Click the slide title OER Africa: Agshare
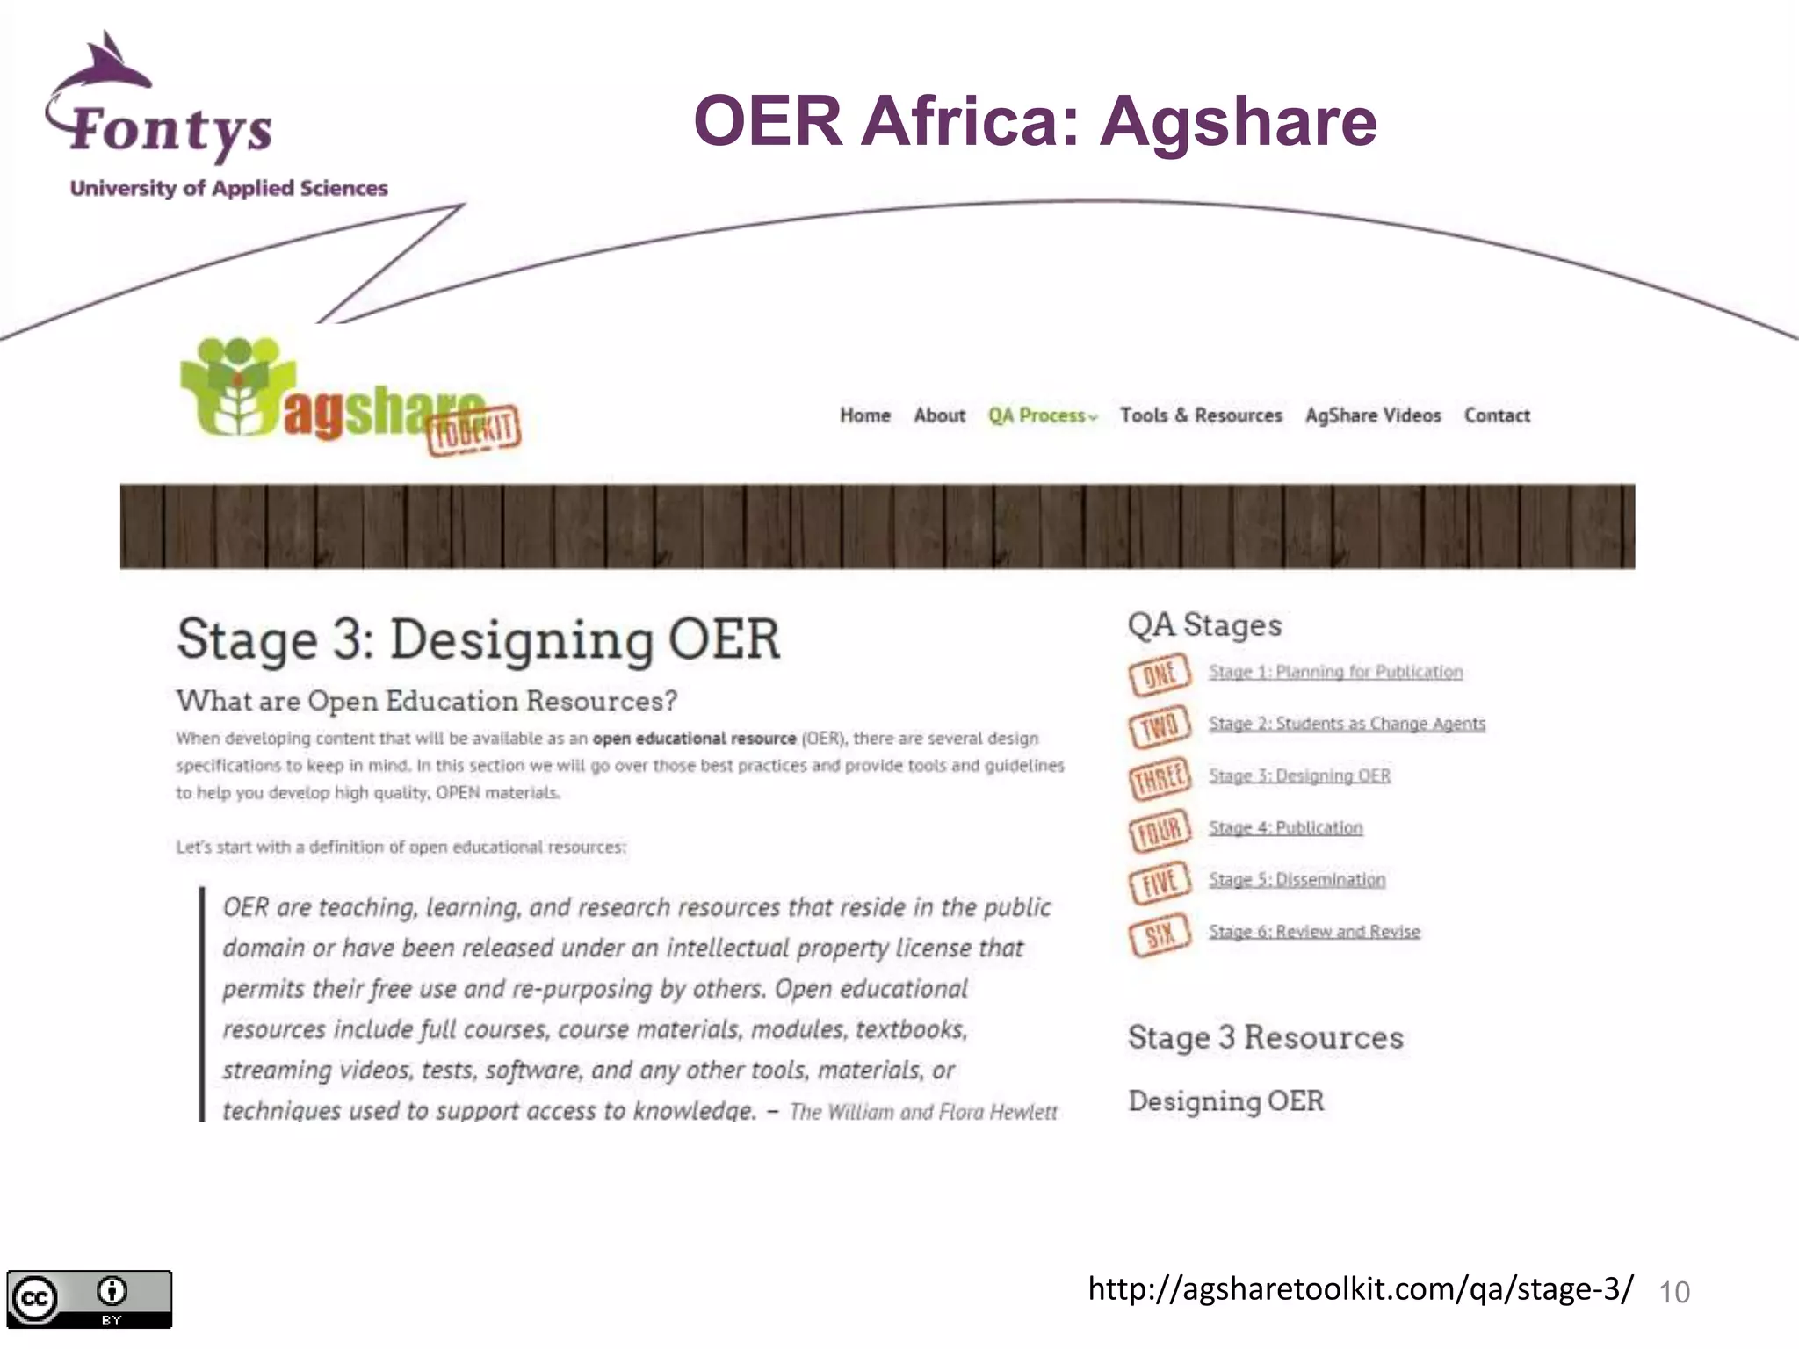(x=1034, y=121)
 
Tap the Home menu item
(x=864, y=415)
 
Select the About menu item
(x=939, y=415)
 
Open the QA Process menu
(x=1042, y=415)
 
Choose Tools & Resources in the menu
(x=1200, y=415)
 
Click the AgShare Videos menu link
(x=1372, y=415)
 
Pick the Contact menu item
(x=1496, y=415)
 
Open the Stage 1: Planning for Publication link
(x=1335, y=672)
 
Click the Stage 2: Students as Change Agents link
(x=1347, y=724)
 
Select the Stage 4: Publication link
(x=1285, y=827)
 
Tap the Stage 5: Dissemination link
(x=1297, y=879)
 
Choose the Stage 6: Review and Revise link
(x=1314, y=931)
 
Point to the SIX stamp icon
(x=1160, y=934)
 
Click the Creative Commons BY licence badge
(x=89, y=1299)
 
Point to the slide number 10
(x=1673, y=1292)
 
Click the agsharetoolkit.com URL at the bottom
(x=1360, y=1288)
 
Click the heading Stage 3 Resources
(x=1265, y=1037)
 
